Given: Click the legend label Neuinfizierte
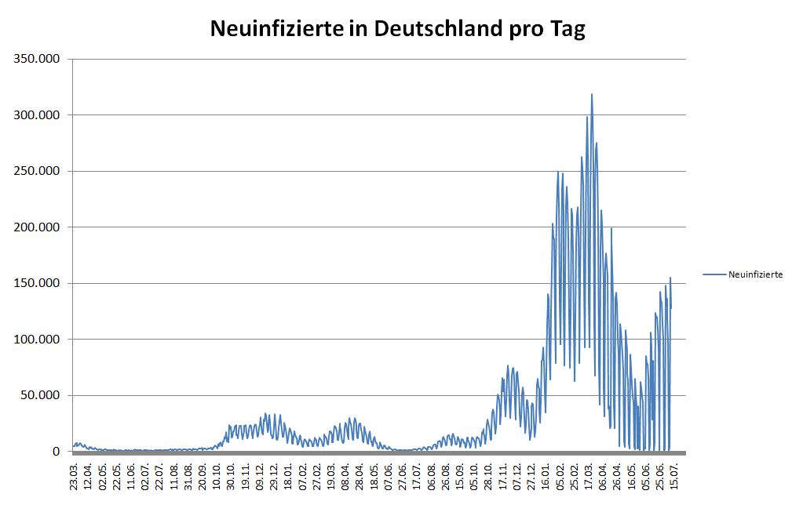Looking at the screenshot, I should tap(755, 274).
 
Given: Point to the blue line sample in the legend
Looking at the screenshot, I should tap(714, 274).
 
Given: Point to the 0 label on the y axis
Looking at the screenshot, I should tap(56, 452).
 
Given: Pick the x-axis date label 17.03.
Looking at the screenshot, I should tap(589, 478).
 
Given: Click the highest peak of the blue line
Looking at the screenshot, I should tap(592, 95).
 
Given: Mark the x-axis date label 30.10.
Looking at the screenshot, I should tap(232, 478).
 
